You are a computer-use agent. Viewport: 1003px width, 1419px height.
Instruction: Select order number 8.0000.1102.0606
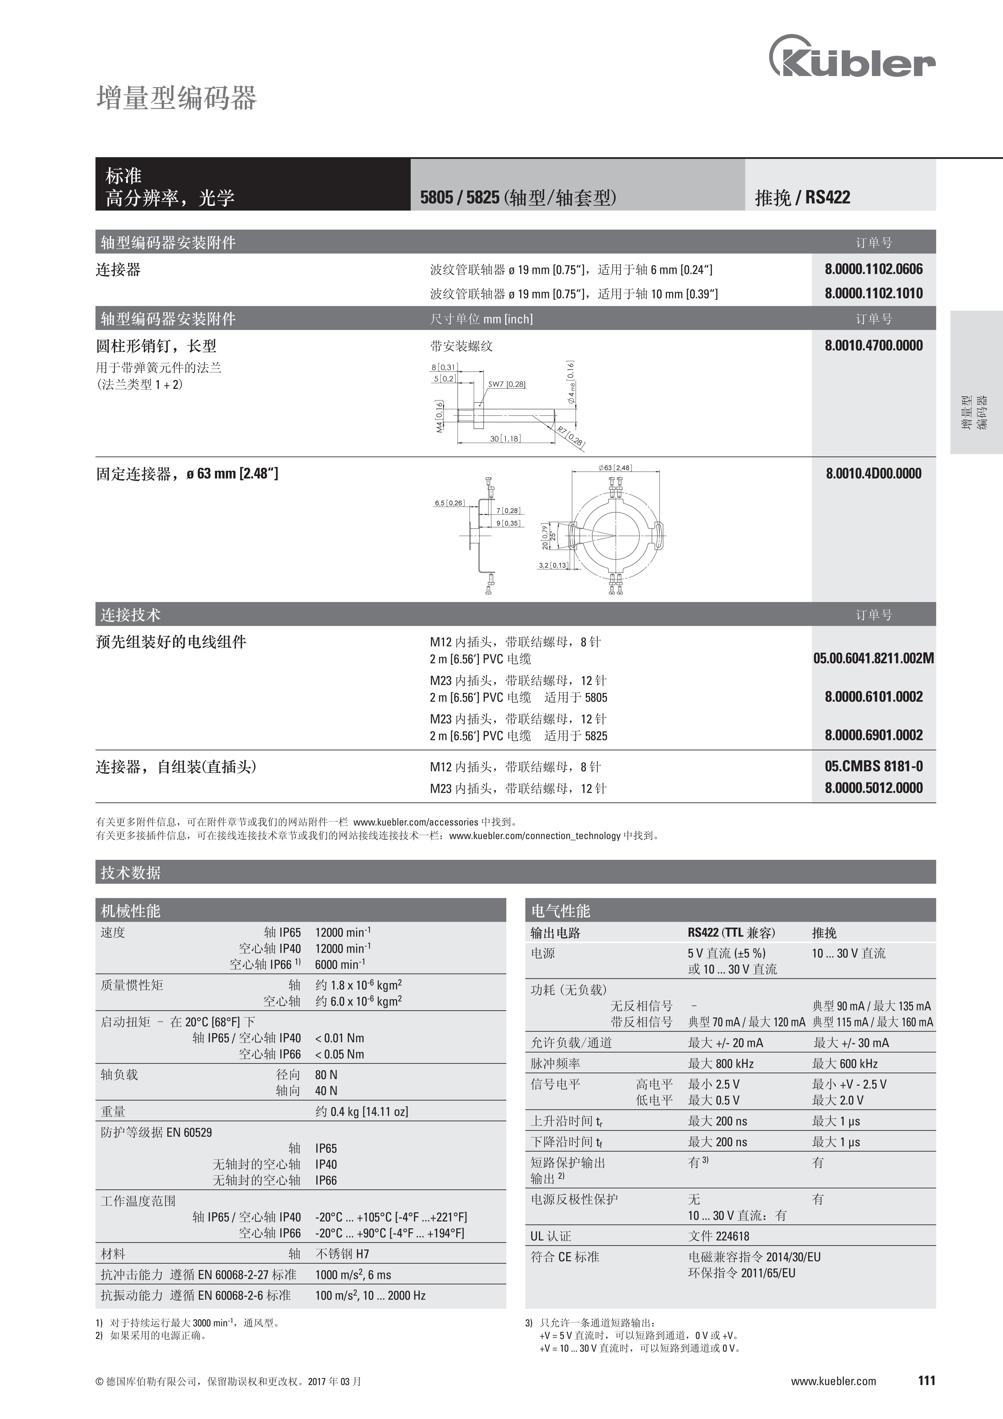873,269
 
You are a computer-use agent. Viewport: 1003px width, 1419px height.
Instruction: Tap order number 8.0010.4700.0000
873,346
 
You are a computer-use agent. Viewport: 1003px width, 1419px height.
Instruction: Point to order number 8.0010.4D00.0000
873,474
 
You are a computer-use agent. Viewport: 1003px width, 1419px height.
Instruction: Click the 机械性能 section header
130,911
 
